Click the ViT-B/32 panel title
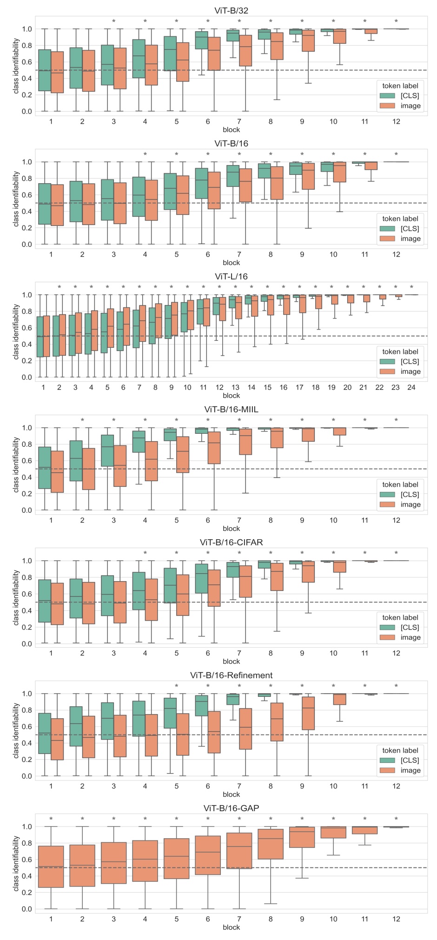coord(231,11)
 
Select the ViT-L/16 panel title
coord(231,277)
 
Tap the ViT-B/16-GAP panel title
coord(231,808)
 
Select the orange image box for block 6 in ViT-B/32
coord(214,53)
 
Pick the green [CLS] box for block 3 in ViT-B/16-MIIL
coord(107,450)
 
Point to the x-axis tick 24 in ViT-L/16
coord(411,387)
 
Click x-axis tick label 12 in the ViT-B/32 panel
coord(396,121)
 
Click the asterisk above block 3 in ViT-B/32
coord(113,21)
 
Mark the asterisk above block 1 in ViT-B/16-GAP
coord(51,819)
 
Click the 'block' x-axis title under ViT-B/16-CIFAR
coord(231,662)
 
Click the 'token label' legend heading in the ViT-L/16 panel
coord(400,351)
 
